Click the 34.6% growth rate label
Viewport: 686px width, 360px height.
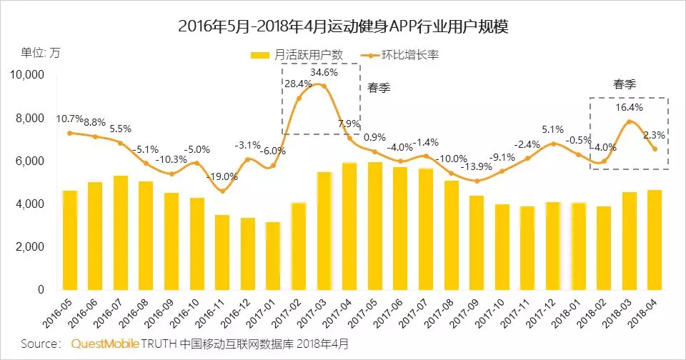click(324, 73)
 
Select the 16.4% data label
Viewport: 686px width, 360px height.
click(630, 107)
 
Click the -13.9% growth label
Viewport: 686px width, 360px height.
click(477, 166)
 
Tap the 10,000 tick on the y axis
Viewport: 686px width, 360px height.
click(26, 74)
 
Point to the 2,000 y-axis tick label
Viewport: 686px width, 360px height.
click(29, 247)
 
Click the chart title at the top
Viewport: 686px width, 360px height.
click(343, 26)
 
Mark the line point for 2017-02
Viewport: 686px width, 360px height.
click(299, 98)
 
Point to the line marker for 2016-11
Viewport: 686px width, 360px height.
click(222, 191)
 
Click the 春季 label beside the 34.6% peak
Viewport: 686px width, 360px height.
click(379, 89)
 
